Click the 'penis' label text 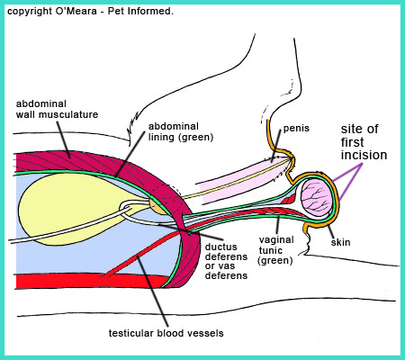coord(296,129)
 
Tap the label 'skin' coord(340,242)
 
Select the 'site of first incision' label coord(364,142)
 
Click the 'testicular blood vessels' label coord(166,333)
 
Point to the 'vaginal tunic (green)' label coord(276,250)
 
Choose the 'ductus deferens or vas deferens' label coord(226,261)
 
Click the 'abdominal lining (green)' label coord(181,131)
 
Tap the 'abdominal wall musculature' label coord(57,109)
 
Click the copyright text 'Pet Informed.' coord(140,12)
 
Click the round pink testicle coord(317,198)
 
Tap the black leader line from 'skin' coord(330,231)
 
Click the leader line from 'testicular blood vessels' coord(152,291)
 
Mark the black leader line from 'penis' coord(276,145)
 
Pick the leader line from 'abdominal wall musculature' coord(64,139)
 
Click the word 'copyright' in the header coord(30,12)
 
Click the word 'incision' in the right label coord(364,155)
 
